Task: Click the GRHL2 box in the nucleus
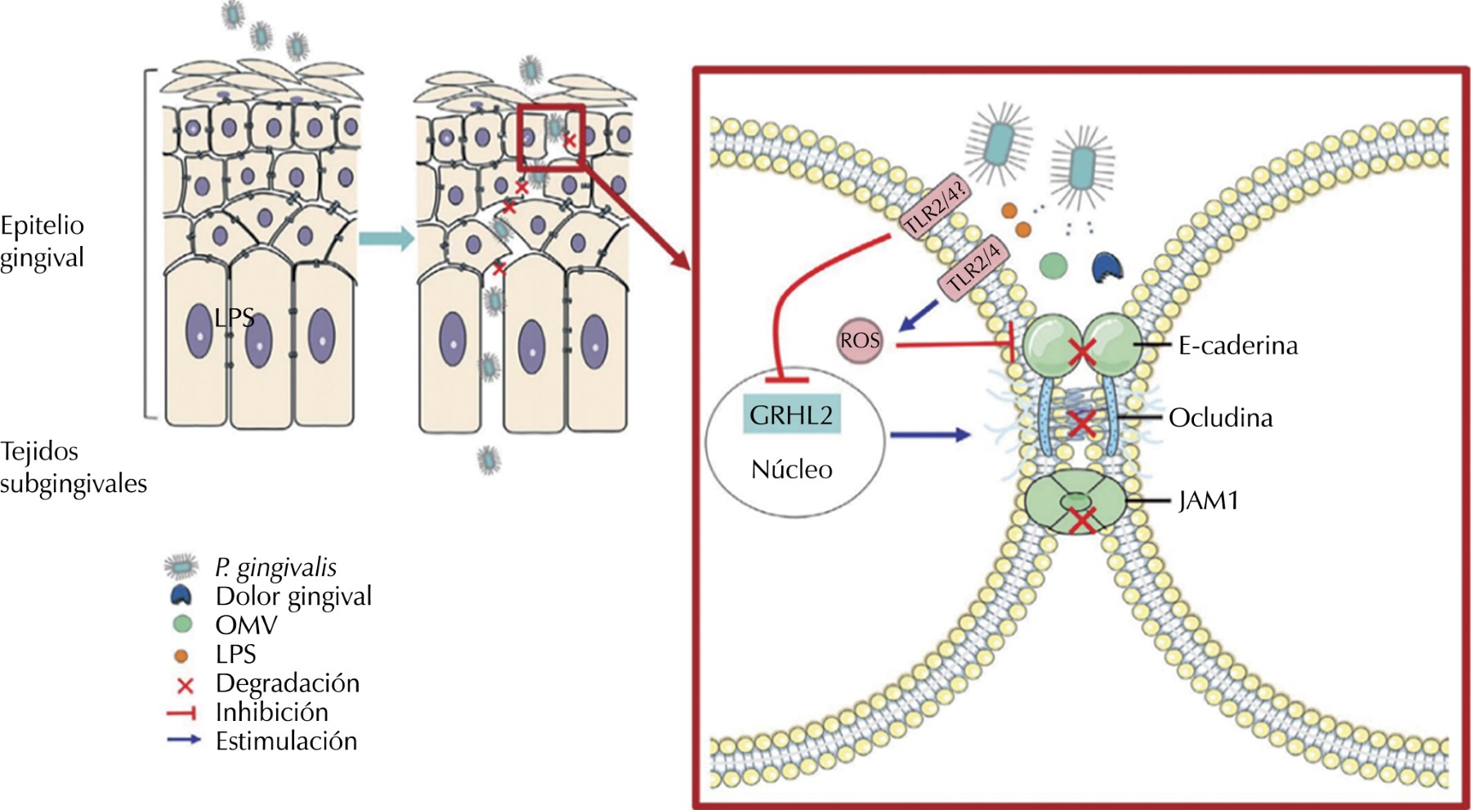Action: (791, 415)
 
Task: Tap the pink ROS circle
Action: (860, 340)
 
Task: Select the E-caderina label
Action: (1237, 346)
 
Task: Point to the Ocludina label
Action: (1220, 418)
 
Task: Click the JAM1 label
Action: (1208, 500)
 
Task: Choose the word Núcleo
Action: (791, 469)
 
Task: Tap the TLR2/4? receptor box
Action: (937, 205)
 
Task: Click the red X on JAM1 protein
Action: (1081, 520)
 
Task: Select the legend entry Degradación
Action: (287, 683)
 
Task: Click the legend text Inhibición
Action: (271, 713)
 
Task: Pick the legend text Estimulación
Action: (286, 741)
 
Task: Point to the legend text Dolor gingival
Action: (293, 597)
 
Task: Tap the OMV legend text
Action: (246, 625)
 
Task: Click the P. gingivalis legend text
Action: (275, 567)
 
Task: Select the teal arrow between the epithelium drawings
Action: (386, 239)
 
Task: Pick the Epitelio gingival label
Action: (42, 241)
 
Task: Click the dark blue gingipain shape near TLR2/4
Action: (1107, 266)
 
